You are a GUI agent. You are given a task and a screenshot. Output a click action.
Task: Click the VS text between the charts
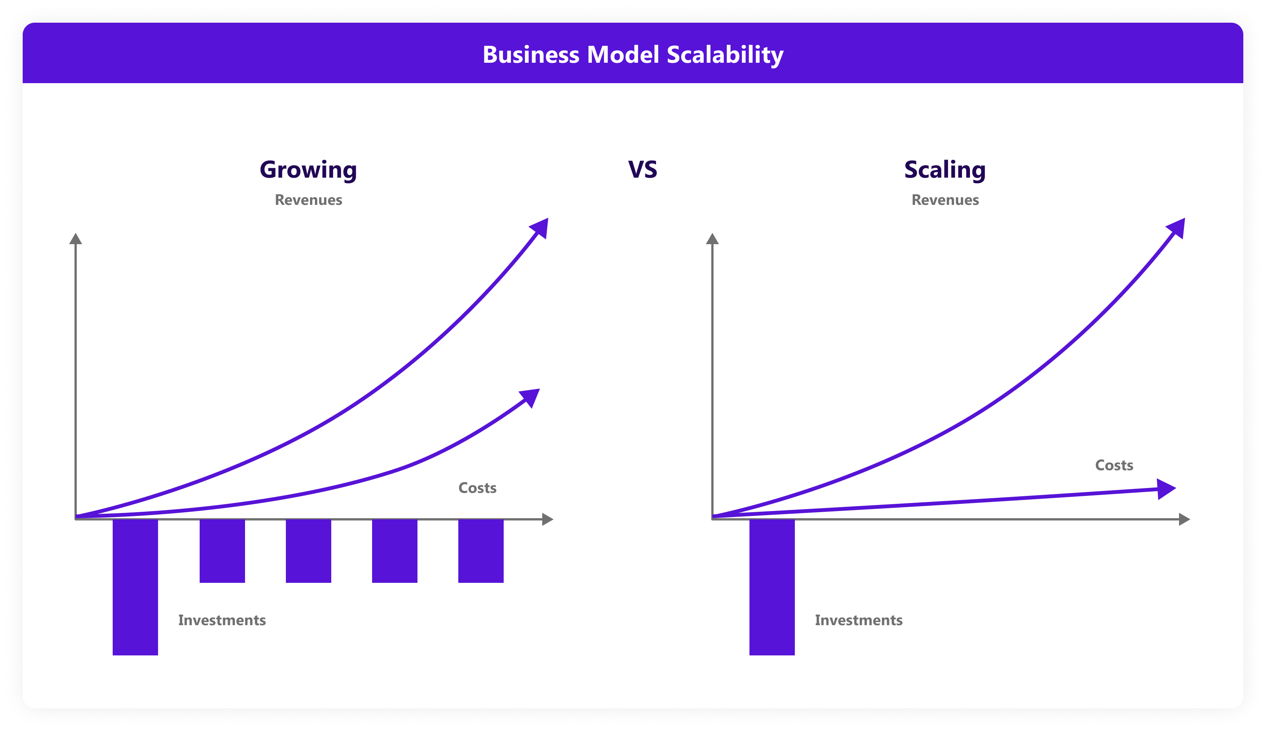(x=642, y=170)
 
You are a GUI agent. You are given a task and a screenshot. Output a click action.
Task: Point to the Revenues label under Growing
(x=308, y=200)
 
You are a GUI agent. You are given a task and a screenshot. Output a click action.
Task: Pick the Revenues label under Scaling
(x=945, y=200)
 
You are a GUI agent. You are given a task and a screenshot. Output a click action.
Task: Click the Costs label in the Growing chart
(x=477, y=488)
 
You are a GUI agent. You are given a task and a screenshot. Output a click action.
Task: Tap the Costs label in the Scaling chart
(x=1114, y=465)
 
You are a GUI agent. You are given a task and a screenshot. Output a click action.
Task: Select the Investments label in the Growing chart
(x=222, y=621)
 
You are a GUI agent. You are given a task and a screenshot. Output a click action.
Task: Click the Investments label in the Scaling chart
(x=859, y=621)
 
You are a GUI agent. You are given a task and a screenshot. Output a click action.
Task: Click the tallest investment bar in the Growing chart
(x=135, y=587)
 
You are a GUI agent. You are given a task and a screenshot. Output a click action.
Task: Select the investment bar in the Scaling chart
(x=772, y=587)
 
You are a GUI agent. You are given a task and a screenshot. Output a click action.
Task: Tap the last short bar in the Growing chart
(x=481, y=551)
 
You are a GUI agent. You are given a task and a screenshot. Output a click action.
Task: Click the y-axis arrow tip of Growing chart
(x=75, y=234)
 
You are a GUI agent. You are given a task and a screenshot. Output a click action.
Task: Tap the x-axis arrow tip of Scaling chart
(x=1190, y=519)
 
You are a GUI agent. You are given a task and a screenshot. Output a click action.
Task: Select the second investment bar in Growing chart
(x=222, y=551)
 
